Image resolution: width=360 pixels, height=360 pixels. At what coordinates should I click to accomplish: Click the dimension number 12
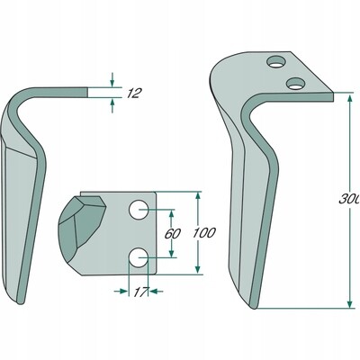(x=133, y=94)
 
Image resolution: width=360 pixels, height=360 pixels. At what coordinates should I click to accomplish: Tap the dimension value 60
(x=173, y=234)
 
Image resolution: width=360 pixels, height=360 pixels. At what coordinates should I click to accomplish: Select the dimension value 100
(x=204, y=233)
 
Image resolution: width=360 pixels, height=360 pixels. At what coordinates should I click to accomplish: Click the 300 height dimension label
(x=349, y=199)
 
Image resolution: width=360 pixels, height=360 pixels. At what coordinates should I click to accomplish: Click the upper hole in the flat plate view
(x=139, y=210)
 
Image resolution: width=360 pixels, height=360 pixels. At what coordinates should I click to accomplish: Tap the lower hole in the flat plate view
(x=139, y=257)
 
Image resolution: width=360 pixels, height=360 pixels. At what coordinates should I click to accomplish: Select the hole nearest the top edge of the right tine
(x=276, y=62)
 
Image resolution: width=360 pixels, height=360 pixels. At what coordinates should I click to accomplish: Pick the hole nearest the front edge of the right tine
(x=295, y=83)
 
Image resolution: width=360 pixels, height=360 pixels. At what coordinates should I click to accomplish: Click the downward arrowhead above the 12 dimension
(x=112, y=83)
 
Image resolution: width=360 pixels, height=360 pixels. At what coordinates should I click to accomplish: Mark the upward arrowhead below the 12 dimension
(x=112, y=102)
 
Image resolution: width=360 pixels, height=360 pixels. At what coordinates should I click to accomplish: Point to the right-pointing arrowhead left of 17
(x=123, y=291)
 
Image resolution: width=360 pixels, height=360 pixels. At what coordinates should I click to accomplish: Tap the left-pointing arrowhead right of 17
(x=153, y=291)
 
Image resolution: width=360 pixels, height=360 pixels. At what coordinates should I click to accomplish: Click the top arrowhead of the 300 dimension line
(x=350, y=98)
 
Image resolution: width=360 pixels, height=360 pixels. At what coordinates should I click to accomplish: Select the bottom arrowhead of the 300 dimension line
(x=350, y=303)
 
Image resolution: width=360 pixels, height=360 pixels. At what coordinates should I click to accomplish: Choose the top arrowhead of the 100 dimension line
(x=198, y=196)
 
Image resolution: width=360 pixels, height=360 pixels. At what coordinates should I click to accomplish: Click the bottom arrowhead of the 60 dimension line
(x=171, y=253)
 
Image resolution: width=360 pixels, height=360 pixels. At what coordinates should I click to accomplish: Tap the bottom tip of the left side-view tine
(x=21, y=303)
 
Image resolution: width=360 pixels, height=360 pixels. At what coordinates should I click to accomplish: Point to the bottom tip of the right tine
(x=254, y=307)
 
